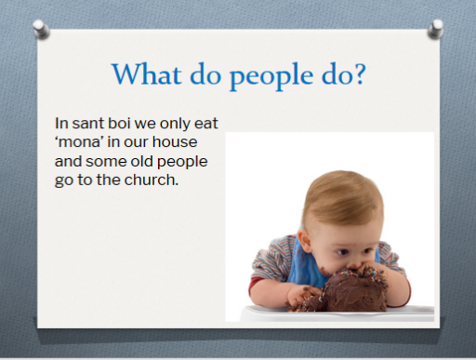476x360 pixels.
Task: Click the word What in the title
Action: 147,73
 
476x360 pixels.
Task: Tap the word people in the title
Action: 271,76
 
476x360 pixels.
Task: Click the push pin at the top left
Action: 41,29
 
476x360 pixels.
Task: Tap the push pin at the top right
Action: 436,29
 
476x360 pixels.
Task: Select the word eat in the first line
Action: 206,124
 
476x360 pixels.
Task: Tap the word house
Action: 175,141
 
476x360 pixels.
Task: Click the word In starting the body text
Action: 61,123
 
